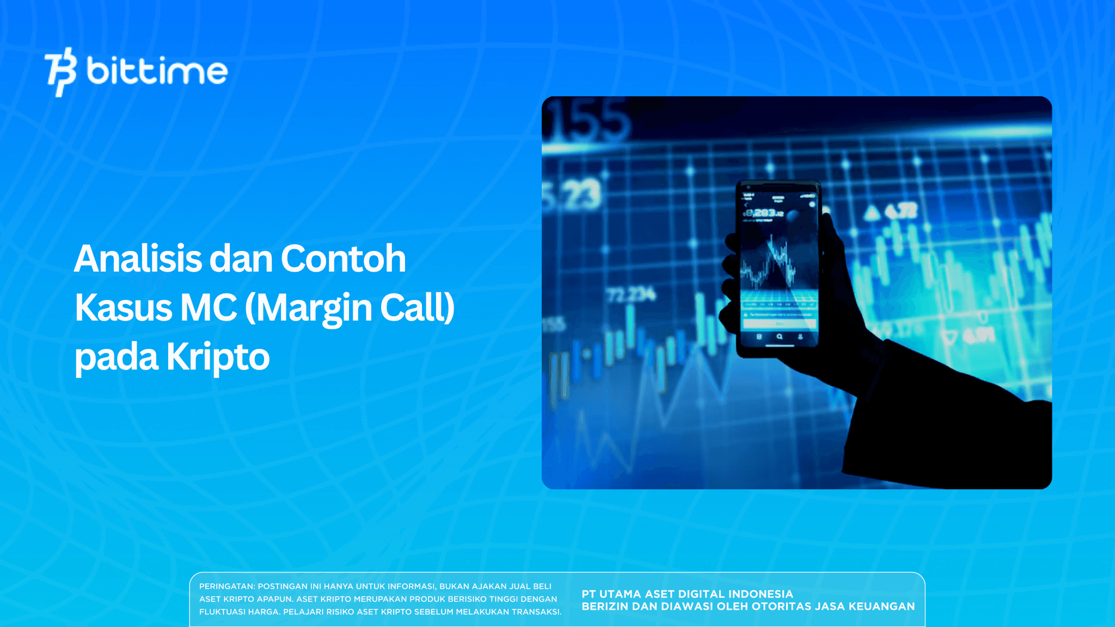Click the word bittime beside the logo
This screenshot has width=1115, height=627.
(x=157, y=71)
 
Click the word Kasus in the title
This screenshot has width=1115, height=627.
(x=124, y=308)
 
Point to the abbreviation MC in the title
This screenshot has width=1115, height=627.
(x=209, y=308)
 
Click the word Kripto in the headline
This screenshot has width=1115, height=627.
(x=218, y=357)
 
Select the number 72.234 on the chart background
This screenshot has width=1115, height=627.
(x=632, y=296)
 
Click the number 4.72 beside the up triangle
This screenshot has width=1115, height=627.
(x=901, y=211)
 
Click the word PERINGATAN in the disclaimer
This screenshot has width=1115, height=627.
(x=226, y=586)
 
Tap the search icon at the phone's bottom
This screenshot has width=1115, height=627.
(x=780, y=337)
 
